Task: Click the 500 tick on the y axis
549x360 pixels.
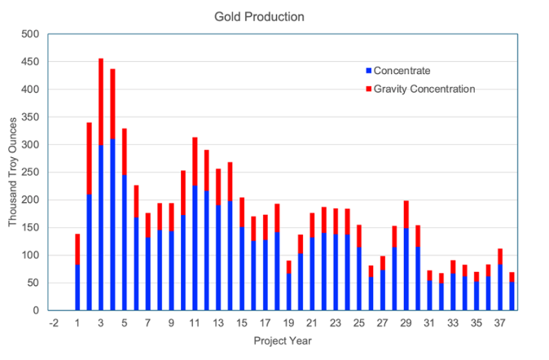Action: [30, 34]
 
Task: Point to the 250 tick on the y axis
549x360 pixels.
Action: [30, 173]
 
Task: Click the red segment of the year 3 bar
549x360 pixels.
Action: [101, 102]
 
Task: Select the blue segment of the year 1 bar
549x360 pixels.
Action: [77, 288]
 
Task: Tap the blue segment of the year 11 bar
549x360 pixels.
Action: [195, 248]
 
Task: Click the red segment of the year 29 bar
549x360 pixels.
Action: [406, 214]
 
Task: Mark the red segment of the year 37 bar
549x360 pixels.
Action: [499, 257]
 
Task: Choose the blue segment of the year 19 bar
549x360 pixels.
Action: [289, 292]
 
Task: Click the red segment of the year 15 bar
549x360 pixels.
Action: [242, 213]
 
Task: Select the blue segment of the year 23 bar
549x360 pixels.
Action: [336, 272]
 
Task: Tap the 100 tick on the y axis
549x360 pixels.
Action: [30, 256]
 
